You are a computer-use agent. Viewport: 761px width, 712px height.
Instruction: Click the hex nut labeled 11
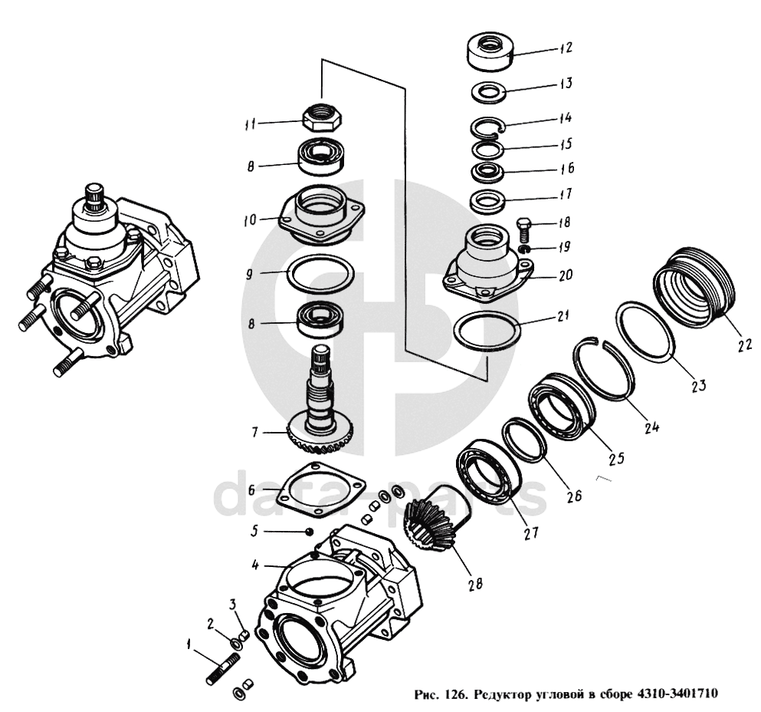[x=323, y=118]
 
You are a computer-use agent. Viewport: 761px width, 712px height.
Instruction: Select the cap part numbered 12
[x=489, y=51]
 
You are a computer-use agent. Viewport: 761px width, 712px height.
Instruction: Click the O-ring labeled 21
[x=487, y=331]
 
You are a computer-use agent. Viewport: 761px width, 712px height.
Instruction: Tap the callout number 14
[x=566, y=119]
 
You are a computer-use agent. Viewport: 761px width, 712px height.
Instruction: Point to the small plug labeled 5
[x=308, y=531]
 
